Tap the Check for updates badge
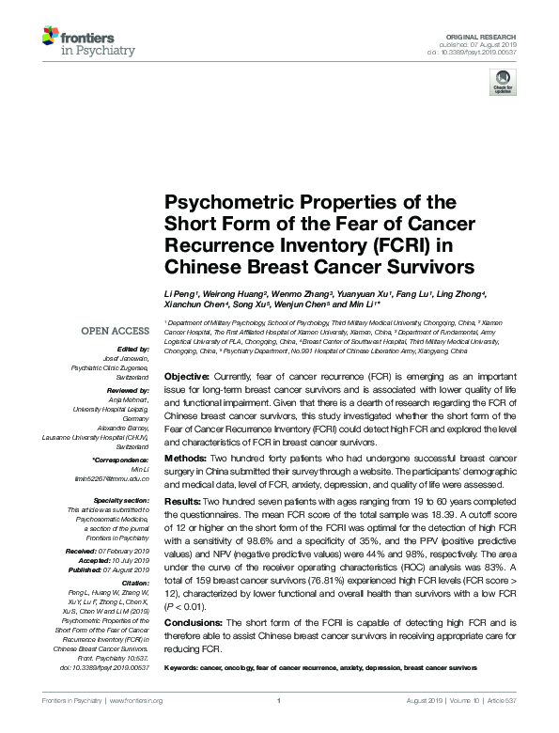tap(502, 86)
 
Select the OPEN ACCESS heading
tap(115, 330)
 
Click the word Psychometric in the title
tap(222, 202)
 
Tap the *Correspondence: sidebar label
tap(121, 458)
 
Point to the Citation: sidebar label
tap(133, 582)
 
